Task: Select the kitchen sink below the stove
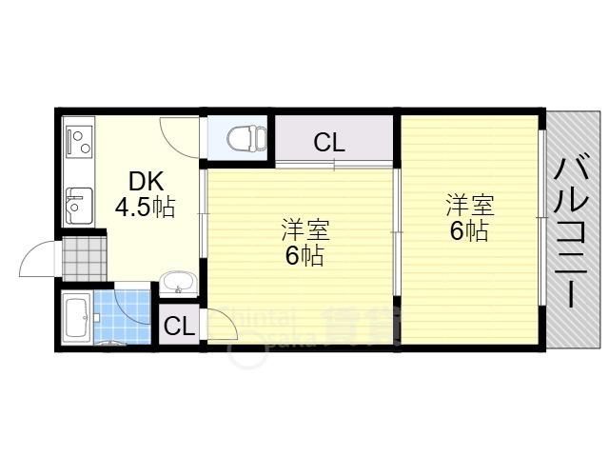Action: pos(78,203)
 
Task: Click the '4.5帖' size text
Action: pos(145,207)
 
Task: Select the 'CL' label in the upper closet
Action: pos(329,144)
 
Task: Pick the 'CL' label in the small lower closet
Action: pos(179,326)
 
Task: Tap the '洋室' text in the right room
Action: pos(470,206)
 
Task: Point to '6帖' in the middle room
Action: pos(304,255)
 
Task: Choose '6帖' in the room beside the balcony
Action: pos(470,229)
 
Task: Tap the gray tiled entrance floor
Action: pos(83,256)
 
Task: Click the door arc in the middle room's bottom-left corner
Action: pos(221,324)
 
